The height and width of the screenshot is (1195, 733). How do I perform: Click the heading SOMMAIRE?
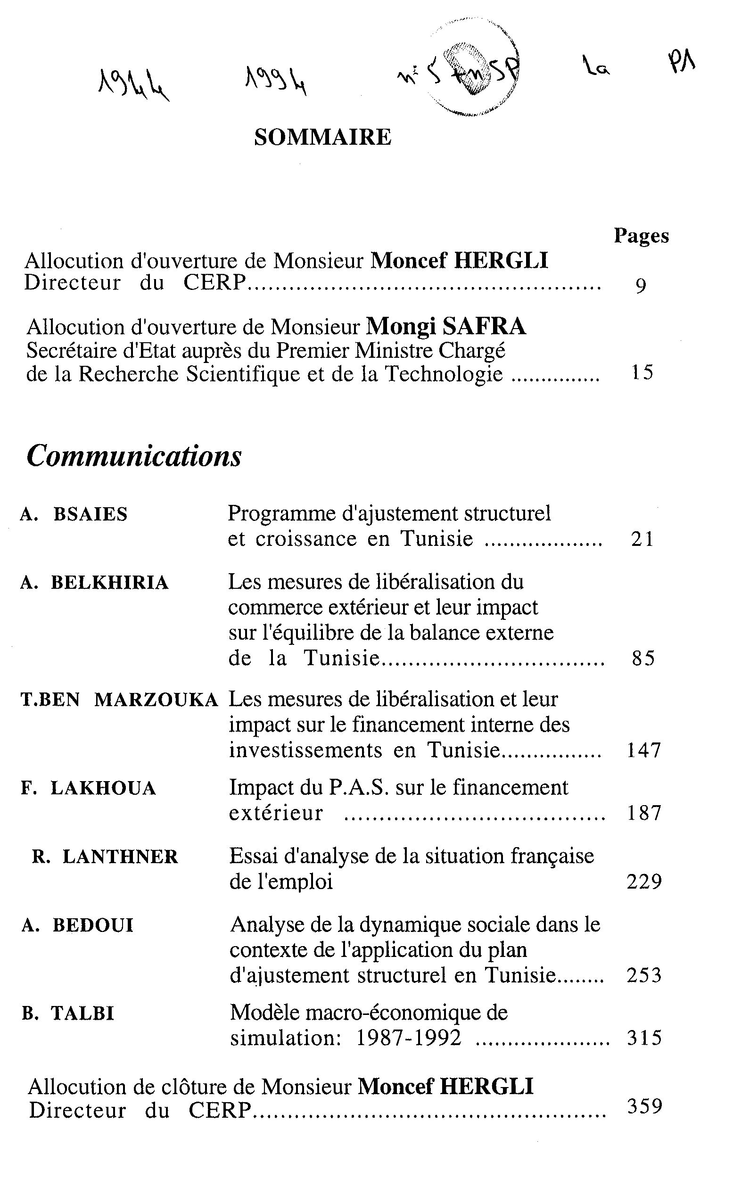pos(322,138)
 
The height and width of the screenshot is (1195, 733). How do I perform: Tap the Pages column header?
pos(641,236)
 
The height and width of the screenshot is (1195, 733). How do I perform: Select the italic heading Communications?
pos(134,456)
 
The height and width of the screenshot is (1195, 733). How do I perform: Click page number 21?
pos(643,539)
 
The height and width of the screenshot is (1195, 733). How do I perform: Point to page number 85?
pos(643,658)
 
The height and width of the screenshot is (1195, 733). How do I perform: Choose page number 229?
pos(644,882)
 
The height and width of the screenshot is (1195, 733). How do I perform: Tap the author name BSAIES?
pos(90,514)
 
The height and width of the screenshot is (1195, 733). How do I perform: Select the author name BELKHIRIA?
pos(110,583)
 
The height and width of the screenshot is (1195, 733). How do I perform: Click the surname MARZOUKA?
pos(156,700)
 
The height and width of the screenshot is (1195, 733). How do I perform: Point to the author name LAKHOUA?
pos(103,789)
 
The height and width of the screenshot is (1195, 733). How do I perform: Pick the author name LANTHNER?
pos(120,857)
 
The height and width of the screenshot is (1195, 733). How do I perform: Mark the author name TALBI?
pos(82,1014)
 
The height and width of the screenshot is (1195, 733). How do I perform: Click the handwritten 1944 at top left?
pos(134,85)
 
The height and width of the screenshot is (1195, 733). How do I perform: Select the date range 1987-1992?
pos(409,1038)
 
